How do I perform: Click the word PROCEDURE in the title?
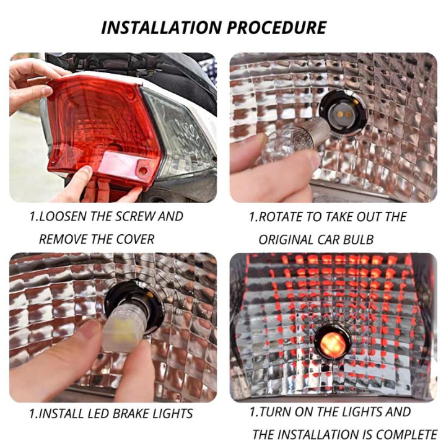(277, 27)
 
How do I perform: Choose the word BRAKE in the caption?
(132, 414)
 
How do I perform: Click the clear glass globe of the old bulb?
(279, 146)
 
